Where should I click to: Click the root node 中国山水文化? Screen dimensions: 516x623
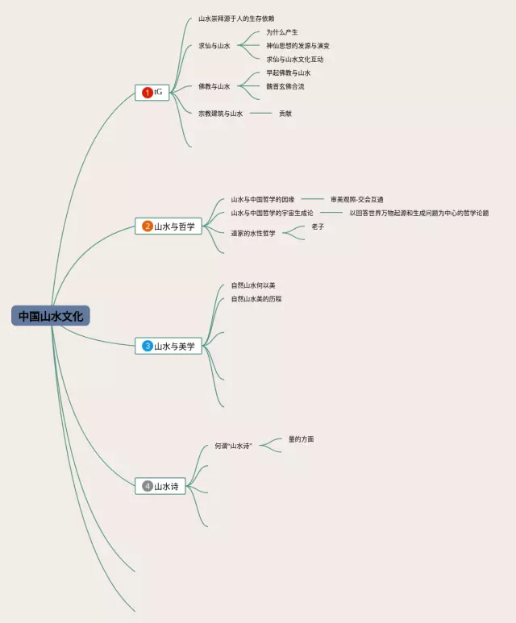51,316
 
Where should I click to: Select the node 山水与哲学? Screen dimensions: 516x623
174,226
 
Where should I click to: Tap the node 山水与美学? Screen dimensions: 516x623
174,347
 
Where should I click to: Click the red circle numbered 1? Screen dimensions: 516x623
147,93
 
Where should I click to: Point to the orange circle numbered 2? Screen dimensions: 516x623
147,226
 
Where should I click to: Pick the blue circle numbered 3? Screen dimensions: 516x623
147,347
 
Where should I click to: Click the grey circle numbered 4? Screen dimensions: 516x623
147,486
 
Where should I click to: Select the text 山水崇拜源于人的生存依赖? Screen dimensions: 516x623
236,19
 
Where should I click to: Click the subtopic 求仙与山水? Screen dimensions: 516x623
214,46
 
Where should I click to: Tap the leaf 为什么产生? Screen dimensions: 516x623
282,32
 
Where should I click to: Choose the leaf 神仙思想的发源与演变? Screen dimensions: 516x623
298,46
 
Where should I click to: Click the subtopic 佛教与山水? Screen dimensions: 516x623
214,86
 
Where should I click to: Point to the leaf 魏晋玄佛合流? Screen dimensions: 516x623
285,86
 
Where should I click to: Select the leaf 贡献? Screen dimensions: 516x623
285,114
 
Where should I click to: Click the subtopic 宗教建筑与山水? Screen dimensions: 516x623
221,114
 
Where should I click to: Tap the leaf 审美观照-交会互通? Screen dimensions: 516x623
357,199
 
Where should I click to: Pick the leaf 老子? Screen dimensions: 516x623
318,226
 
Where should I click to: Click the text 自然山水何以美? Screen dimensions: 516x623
253,285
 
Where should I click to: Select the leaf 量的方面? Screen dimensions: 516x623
302,439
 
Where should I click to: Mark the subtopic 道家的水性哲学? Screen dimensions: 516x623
253,234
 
